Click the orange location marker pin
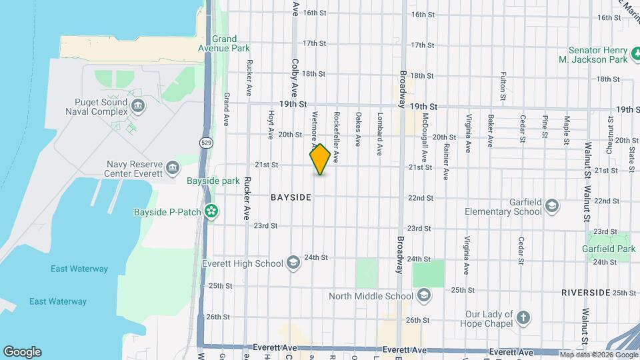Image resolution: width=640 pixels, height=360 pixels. (320, 159)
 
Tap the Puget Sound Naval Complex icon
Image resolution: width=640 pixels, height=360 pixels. (138, 105)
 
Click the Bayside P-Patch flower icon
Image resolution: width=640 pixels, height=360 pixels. (211, 211)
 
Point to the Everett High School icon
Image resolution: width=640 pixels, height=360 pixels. (293, 263)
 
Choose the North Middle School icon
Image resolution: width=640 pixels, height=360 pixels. (423, 295)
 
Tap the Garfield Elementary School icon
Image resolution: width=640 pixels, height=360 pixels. (551, 205)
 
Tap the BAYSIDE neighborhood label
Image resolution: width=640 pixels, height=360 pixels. (291, 198)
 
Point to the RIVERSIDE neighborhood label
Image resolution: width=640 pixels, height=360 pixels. (585, 292)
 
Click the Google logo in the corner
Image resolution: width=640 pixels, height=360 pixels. (22, 351)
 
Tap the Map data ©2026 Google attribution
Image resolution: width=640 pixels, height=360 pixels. (598, 354)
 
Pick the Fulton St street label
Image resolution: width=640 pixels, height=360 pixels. (503, 86)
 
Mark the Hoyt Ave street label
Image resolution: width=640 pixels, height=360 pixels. (271, 125)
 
